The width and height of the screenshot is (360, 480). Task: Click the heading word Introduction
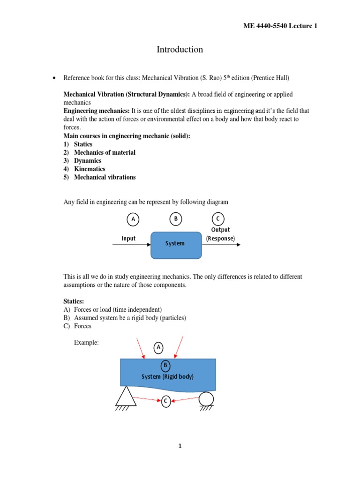click(x=180, y=50)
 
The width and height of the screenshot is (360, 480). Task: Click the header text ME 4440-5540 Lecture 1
click(x=280, y=26)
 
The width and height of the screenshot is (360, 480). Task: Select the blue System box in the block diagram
click(x=176, y=244)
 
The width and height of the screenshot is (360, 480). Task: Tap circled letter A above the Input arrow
click(x=133, y=219)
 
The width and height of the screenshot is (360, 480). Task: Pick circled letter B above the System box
click(x=175, y=219)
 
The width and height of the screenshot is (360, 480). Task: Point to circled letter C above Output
click(x=217, y=219)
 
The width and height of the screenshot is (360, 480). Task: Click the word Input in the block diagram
click(x=128, y=239)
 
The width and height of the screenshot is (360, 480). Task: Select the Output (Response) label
click(x=220, y=234)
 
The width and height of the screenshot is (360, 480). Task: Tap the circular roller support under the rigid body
click(x=206, y=399)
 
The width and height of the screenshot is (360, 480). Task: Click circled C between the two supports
click(x=166, y=401)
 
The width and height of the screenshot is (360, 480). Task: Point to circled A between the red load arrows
click(x=159, y=347)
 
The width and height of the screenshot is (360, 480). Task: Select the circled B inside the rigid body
click(x=165, y=366)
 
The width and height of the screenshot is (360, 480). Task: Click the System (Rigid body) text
click(x=167, y=377)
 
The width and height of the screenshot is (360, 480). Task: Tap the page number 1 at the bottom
click(x=180, y=446)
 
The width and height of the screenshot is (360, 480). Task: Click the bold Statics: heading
click(x=74, y=301)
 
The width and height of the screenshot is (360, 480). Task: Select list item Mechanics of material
click(x=105, y=152)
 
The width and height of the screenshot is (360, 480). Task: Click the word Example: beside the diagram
click(x=86, y=343)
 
